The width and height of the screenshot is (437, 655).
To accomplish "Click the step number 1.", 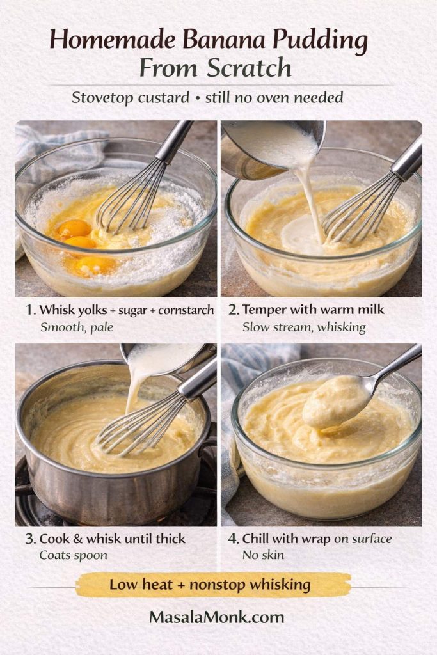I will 29,310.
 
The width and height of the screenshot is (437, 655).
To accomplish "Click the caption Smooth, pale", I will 72,327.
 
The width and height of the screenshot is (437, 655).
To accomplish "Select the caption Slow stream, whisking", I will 304,327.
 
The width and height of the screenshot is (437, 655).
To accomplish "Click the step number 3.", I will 29,539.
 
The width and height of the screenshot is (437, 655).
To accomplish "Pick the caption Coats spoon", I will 74,555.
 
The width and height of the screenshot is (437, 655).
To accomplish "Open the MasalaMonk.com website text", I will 217,617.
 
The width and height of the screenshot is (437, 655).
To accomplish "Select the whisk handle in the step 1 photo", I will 174,141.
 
